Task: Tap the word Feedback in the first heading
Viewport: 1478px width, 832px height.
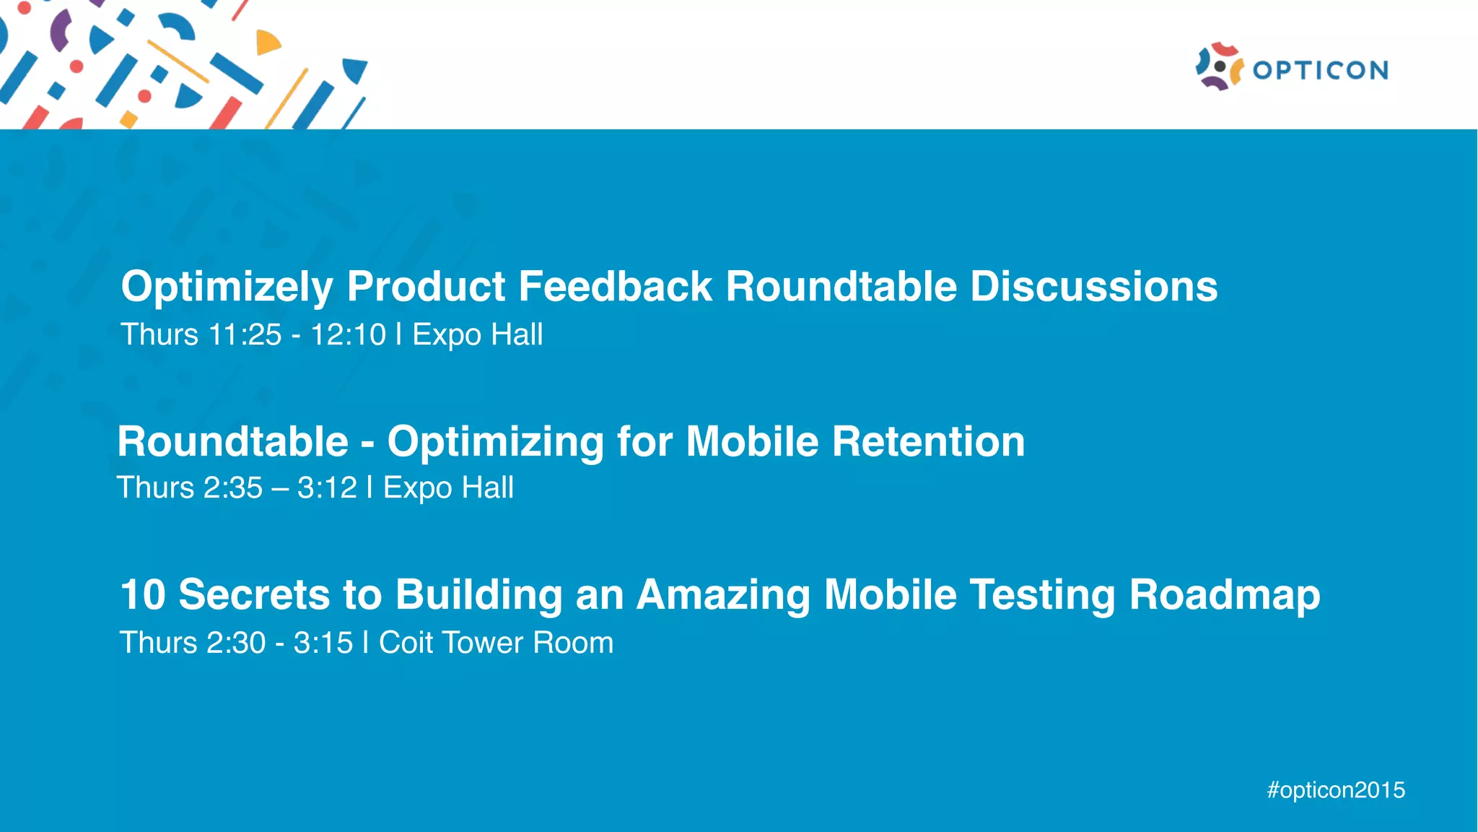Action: pyautogui.click(x=615, y=286)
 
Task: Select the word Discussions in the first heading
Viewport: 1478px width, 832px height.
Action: pyautogui.click(x=1093, y=286)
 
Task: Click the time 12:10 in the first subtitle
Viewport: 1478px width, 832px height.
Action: pyautogui.click(x=348, y=335)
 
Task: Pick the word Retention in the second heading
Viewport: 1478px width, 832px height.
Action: pyautogui.click(x=928, y=441)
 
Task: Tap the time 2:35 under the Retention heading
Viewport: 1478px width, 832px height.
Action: pyautogui.click(x=232, y=488)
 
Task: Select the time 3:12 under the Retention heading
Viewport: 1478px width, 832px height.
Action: pyautogui.click(x=327, y=488)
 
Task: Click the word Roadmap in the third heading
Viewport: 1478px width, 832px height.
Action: pyautogui.click(x=1224, y=596)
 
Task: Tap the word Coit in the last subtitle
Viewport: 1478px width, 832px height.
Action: pyautogui.click(x=404, y=643)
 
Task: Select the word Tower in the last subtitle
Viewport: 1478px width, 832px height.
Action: pyautogui.click(x=484, y=643)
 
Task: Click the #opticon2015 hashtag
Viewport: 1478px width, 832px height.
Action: pyautogui.click(x=1336, y=790)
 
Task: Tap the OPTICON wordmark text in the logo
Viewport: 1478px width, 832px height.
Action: pyautogui.click(x=1320, y=70)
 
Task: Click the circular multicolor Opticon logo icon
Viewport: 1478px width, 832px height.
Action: pyautogui.click(x=1219, y=66)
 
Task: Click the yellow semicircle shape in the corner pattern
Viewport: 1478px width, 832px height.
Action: pyautogui.click(x=266, y=43)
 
